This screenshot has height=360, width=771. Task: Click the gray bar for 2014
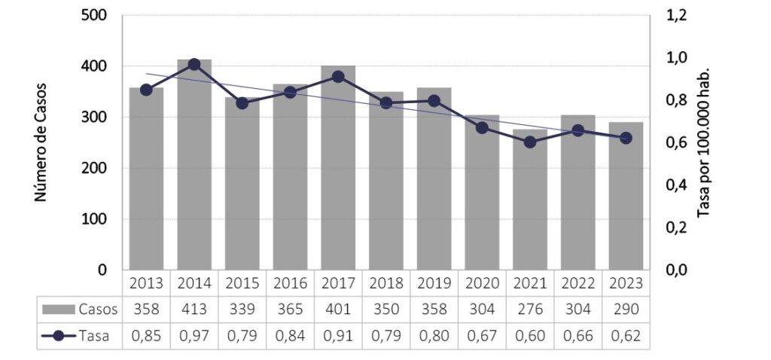[194, 166]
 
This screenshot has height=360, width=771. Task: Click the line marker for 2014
[194, 65]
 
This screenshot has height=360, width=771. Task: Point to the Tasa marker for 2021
[531, 142]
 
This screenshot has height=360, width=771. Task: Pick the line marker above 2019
[434, 100]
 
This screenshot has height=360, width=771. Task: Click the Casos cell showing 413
[194, 310]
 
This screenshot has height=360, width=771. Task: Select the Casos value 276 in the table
[531, 310]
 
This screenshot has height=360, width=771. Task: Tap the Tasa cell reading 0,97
[194, 337]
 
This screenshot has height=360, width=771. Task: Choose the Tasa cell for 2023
[626, 337]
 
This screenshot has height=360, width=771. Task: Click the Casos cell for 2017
[338, 310]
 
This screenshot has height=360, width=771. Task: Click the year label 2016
[291, 283]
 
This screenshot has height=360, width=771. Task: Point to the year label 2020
[483, 283]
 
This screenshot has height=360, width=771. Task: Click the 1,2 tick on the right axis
[677, 16]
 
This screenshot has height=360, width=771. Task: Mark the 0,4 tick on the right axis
[677, 185]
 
